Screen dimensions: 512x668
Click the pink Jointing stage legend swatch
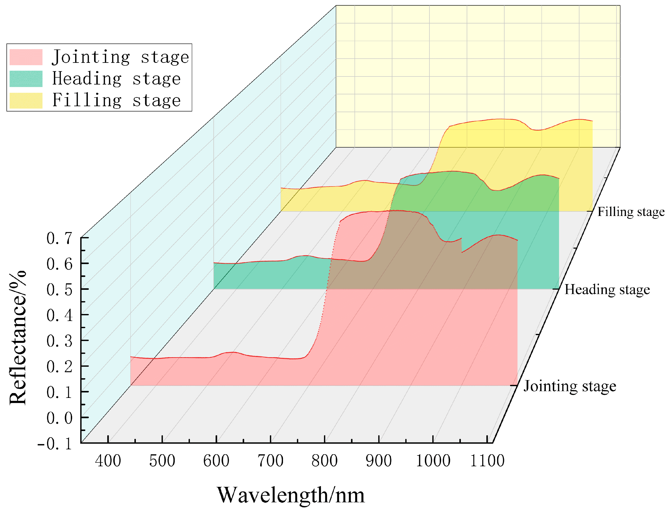point(26,57)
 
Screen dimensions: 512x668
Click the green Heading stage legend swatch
point(26,79)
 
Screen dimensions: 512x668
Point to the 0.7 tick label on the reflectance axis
point(60,238)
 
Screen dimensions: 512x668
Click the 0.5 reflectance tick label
point(60,290)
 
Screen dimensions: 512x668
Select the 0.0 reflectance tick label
point(60,418)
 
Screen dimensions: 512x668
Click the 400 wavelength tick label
point(108,461)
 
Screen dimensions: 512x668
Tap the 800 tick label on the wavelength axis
point(324,461)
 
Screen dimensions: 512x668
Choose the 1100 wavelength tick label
point(487,461)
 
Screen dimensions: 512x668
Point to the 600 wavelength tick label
point(216,461)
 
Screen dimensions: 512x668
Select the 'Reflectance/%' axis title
point(18,338)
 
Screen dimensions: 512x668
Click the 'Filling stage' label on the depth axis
point(631,212)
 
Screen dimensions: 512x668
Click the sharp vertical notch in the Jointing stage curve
point(461,245)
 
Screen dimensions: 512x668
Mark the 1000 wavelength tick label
point(433,461)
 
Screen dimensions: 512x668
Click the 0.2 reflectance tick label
point(60,367)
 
